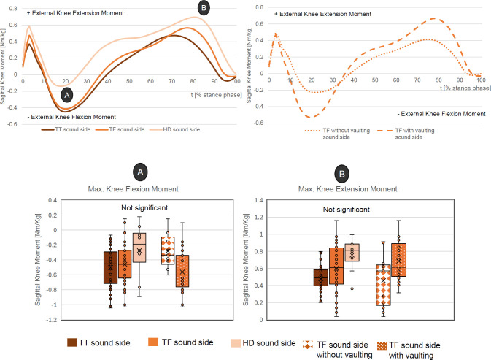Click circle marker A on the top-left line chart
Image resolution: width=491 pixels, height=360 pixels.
[67, 94]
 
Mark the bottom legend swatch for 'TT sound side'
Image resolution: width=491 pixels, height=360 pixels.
[72, 342]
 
